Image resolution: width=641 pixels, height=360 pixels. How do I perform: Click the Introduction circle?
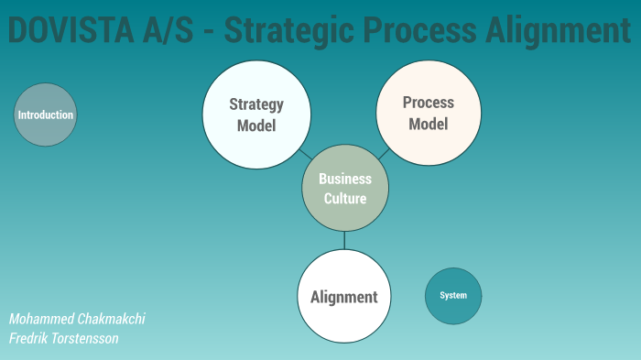click(x=45, y=115)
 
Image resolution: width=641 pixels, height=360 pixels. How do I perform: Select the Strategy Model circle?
click(x=256, y=115)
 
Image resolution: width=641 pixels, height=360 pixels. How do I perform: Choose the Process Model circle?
click(x=429, y=113)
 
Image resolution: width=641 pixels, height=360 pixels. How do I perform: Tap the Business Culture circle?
click(x=345, y=188)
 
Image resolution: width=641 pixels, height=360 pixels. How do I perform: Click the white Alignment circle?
click(x=344, y=296)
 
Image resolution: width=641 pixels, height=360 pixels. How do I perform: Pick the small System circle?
click(x=453, y=295)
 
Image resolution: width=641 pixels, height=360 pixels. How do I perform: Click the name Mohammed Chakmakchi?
click(x=77, y=319)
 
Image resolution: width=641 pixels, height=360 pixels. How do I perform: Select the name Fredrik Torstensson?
click(x=63, y=338)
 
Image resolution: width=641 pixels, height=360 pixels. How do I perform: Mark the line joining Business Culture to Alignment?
click(x=344, y=240)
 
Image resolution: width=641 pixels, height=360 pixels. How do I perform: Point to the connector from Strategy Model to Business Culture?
click(x=305, y=154)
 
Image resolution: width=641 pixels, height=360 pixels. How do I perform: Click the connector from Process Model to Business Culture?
click(x=383, y=154)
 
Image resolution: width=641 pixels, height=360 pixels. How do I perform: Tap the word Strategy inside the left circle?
click(x=256, y=104)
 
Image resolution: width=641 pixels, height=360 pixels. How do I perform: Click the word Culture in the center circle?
click(x=345, y=198)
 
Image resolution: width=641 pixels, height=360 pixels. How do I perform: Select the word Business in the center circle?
click(x=345, y=179)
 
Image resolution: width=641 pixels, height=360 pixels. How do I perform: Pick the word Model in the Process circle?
click(x=429, y=124)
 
